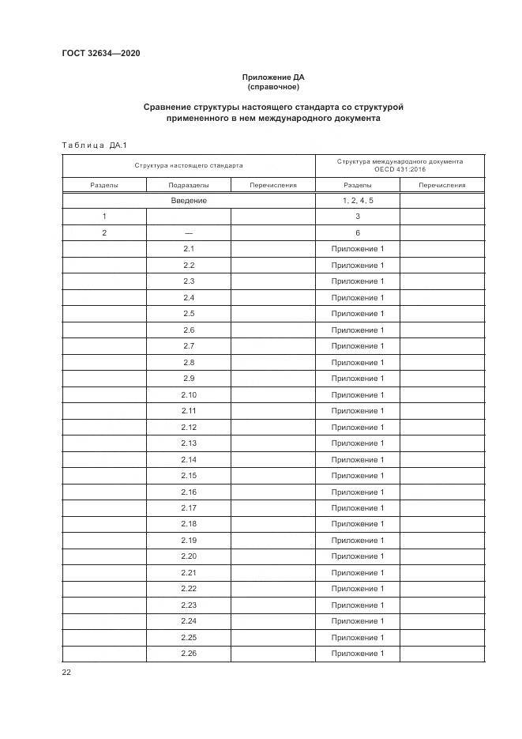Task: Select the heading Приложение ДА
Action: (x=272, y=77)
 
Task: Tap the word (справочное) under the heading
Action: (x=273, y=87)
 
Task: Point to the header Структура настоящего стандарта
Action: (x=188, y=166)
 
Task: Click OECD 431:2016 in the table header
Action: (x=400, y=170)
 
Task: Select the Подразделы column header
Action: (x=189, y=185)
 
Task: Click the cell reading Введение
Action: (x=189, y=201)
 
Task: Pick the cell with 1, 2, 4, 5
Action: (x=357, y=201)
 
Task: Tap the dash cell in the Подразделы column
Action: (x=189, y=233)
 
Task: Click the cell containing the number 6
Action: (x=357, y=233)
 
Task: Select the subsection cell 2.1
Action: (x=189, y=249)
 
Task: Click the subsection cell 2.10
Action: (x=189, y=394)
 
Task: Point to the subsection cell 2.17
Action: (x=189, y=508)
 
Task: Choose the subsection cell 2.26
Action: (x=189, y=654)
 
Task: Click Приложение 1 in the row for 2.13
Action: (x=357, y=443)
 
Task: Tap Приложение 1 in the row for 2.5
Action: (x=357, y=314)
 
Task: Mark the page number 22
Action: (x=66, y=672)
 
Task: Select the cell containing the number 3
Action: (x=357, y=217)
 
